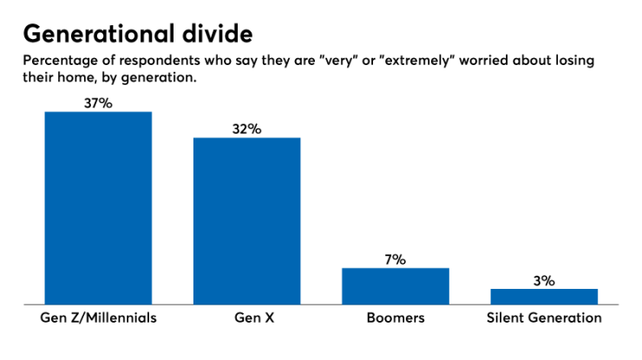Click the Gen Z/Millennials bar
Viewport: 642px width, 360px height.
pyautogui.click(x=98, y=207)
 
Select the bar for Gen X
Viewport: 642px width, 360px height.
pyautogui.click(x=246, y=220)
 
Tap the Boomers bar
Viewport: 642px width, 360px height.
pyautogui.click(x=395, y=285)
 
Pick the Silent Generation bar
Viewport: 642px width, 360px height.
pyautogui.click(x=544, y=296)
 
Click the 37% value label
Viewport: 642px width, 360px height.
pyautogui.click(x=98, y=102)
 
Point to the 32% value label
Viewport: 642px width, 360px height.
pyautogui.click(x=246, y=128)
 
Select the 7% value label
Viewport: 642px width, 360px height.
pyautogui.click(x=395, y=259)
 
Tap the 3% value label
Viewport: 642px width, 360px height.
pyautogui.click(x=544, y=279)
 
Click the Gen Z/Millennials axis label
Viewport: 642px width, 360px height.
pyautogui.click(x=98, y=317)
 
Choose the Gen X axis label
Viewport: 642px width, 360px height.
pyautogui.click(x=246, y=317)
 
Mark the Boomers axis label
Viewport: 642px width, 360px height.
pyautogui.click(x=395, y=317)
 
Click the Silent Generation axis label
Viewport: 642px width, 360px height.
pyautogui.click(x=544, y=317)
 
